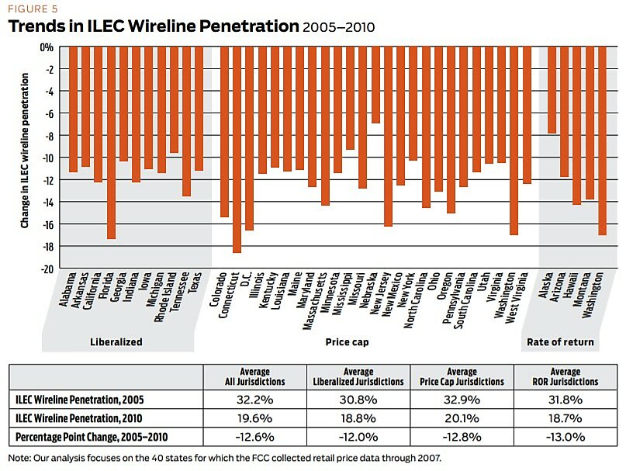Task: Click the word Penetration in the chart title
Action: click(246, 26)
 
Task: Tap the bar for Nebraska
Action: click(375, 85)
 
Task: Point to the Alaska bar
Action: click(552, 89)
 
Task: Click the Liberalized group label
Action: click(114, 342)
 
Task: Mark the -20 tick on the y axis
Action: click(47, 268)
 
